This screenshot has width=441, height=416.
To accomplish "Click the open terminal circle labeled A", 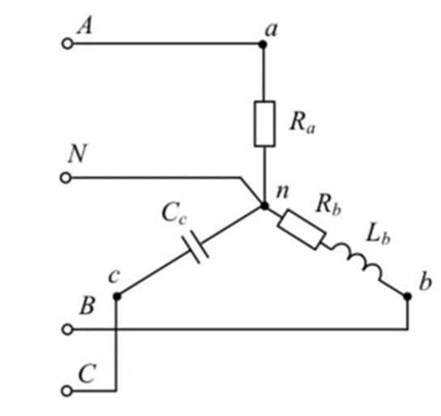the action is pyautogui.click(x=67, y=45).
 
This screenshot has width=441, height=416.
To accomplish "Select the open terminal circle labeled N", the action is pyautogui.click(x=66, y=178).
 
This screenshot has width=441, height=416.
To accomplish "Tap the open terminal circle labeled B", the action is pyautogui.click(x=67, y=329).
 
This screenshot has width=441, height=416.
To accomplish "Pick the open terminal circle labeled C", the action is pyautogui.click(x=66, y=391).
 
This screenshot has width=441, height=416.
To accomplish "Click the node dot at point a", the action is pyautogui.click(x=263, y=45).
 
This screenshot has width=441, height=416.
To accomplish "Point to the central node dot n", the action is pyautogui.click(x=265, y=206).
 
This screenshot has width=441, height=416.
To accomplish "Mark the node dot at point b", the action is pyautogui.click(x=407, y=296).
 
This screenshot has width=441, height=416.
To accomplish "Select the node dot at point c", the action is pyautogui.click(x=117, y=296).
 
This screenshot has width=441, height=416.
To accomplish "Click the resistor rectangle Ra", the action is pyautogui.click(x=265, y=124).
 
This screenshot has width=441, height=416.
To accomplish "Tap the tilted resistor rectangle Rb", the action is pyautogui.click(x=302, y=229).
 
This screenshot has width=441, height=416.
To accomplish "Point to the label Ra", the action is pyautogui.click(x=303, y=123).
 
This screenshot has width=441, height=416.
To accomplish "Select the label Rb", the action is pyautogui.click(x=329, y=205).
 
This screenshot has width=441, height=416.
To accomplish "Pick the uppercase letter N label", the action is pyautogui.click(x=77, y=154).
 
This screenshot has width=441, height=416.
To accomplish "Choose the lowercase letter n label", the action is pyautogui.click(x=282, y=192).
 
